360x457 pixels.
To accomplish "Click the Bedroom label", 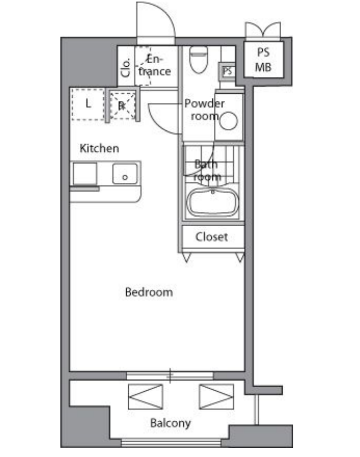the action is pyautogui.click(x=149, y=292).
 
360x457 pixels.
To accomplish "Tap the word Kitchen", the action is pyautogui.click(x=99, y=148).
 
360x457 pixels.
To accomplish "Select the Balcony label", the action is pyautogui.click(x=170, y=423).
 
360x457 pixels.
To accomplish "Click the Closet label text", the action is pyautogui.click(x=211, y=237).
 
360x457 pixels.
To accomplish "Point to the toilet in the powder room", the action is pyautogui.click(x=199, y=59).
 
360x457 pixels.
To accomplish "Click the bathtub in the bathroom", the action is pyautogui.click(x=213, y=202).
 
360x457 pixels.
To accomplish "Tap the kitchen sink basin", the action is pyautogui.click(x=125, y=174).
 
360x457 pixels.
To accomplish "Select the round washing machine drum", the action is pyautogui.click(x=229, y=120).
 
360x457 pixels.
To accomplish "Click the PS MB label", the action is pyautogui.click(x=263, y=60).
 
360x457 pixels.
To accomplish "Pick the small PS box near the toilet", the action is pyautogui.click(x=227, y=71).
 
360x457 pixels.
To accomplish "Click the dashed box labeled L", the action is pyautogui.click(x=88, y=104).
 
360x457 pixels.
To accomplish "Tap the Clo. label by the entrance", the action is pyautogui.click(x=126, y=68).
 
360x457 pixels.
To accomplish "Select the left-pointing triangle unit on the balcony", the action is pyautogui.click(x=146, y=397).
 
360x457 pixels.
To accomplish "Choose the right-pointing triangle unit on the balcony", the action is pyautogui.click(x=217, y=397).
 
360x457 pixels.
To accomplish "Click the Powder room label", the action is pyautogui.click(x=204, y=109).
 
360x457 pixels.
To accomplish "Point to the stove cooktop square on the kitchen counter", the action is pyautogui.click(x=85, y=174).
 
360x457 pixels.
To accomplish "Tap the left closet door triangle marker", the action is pyautogui.click(x=187, y=257).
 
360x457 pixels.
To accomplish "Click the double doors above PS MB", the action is pyautogui.click(x=263, y=30).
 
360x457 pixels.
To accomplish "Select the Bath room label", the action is pyautogui.click(x=207, y=170).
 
